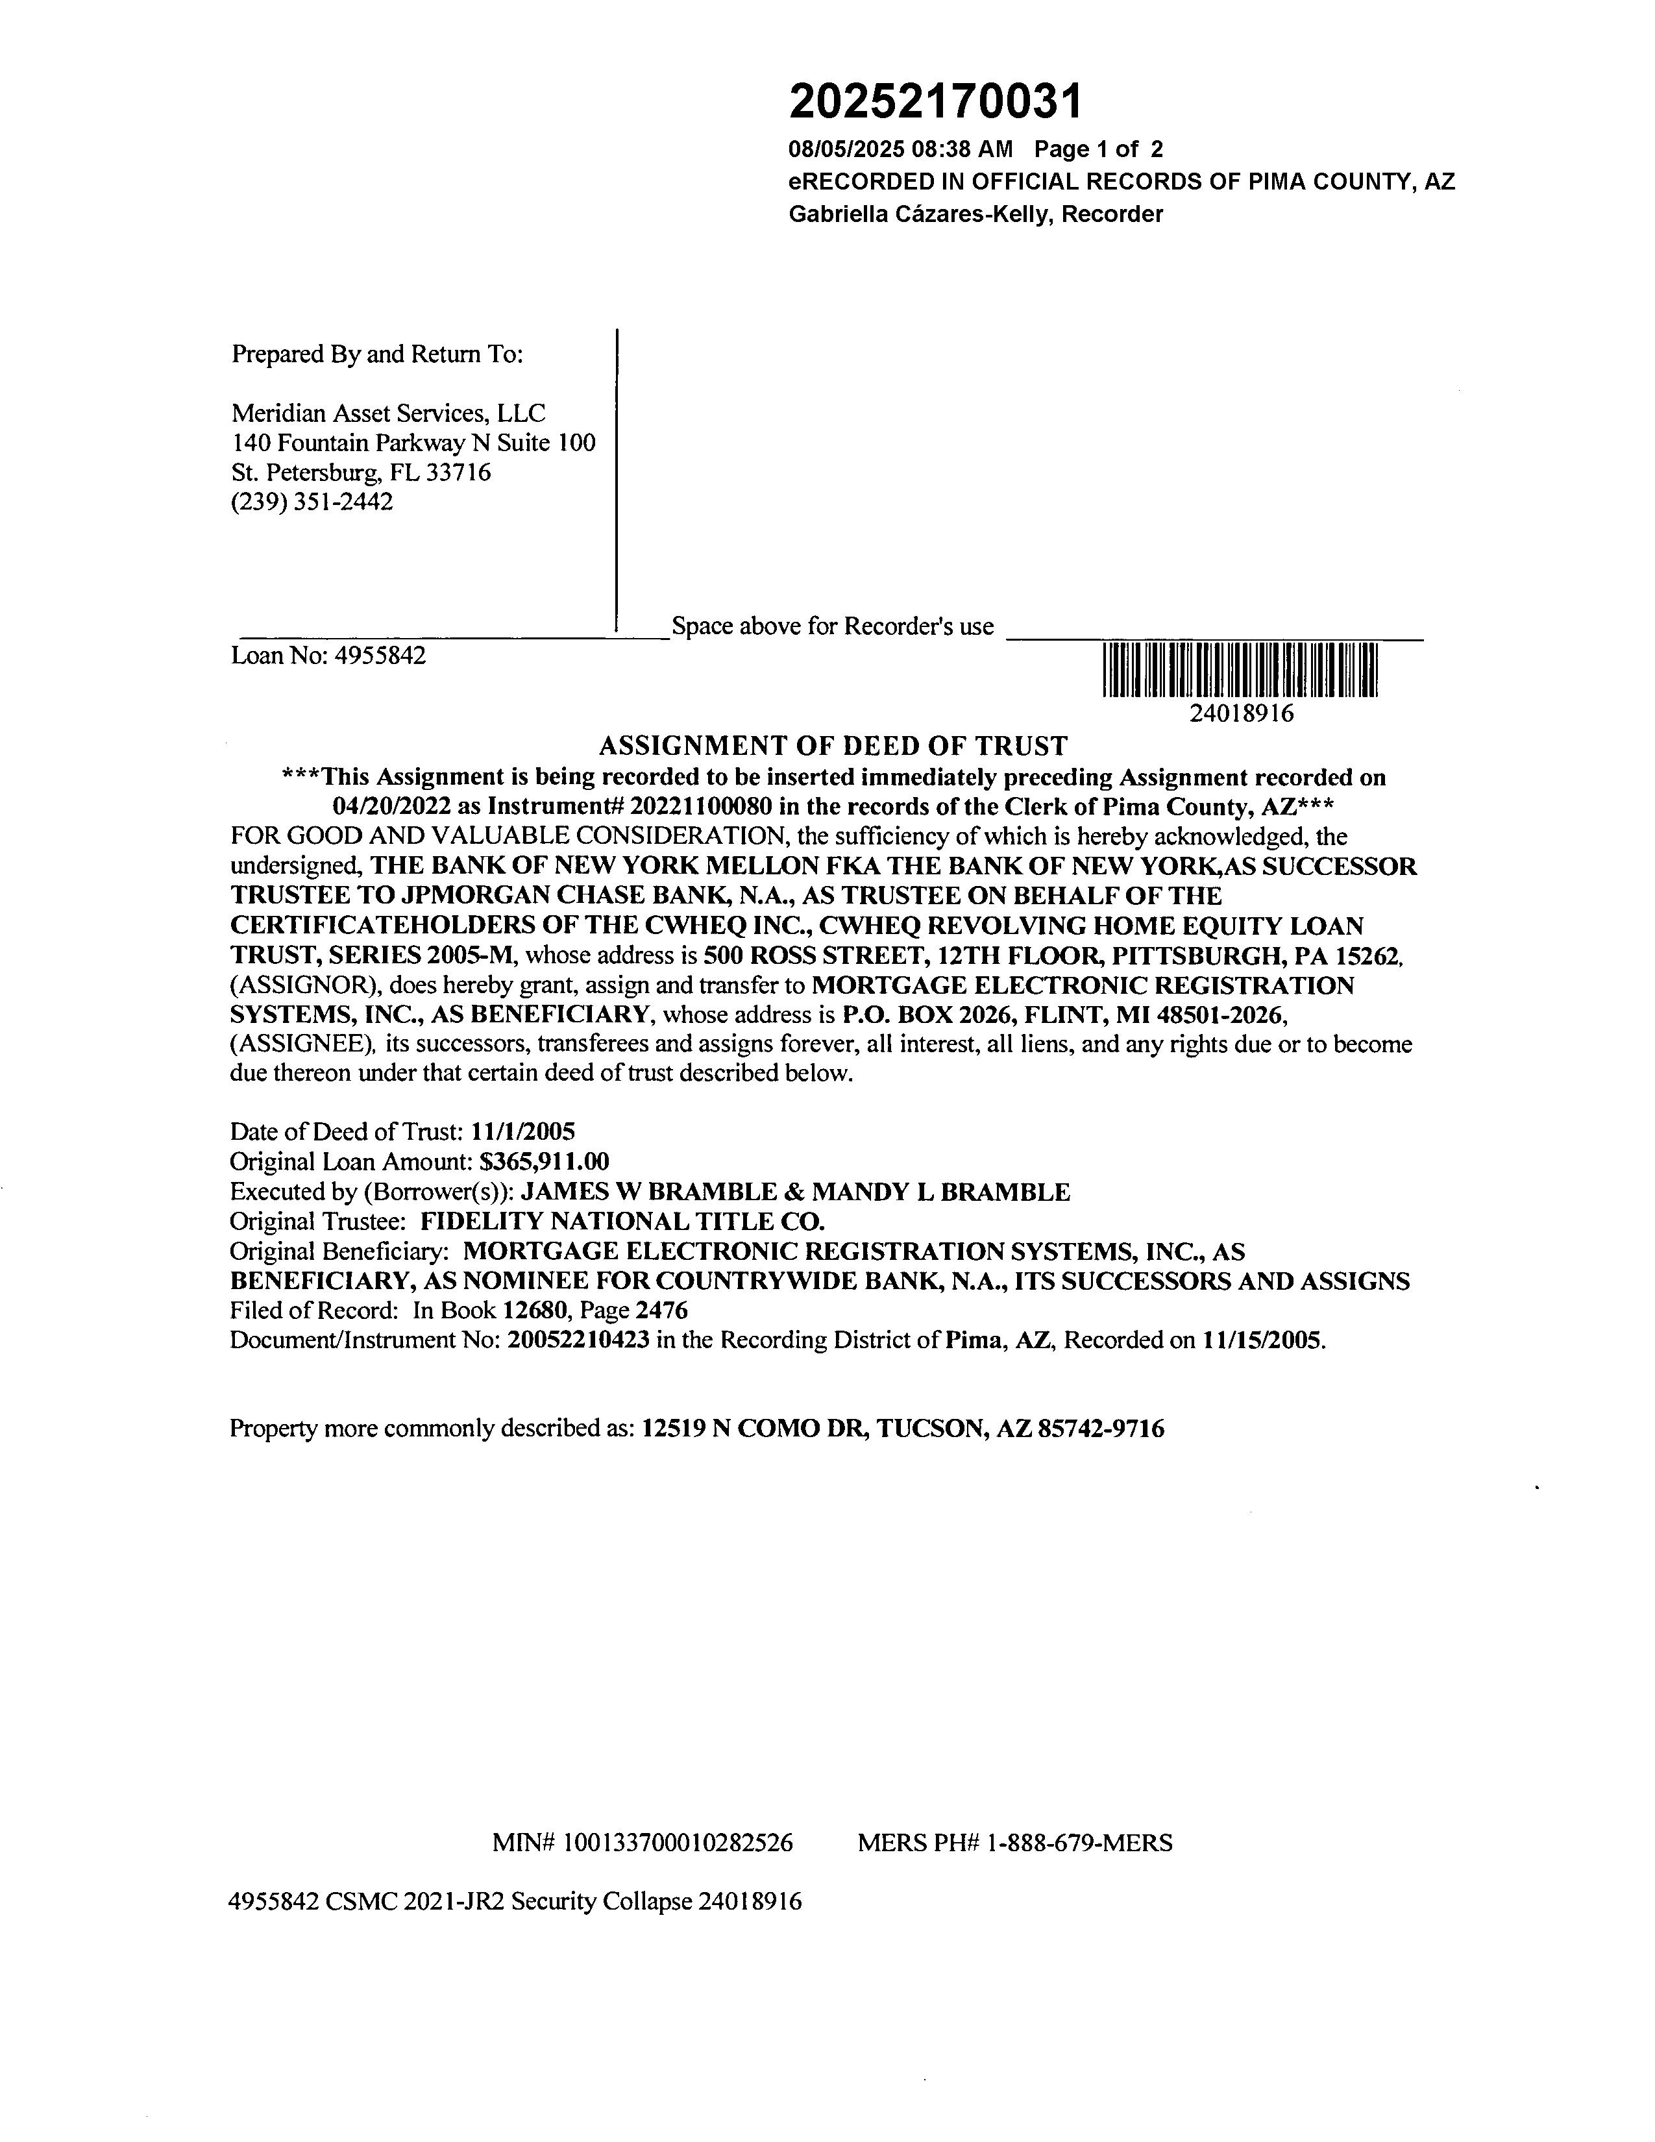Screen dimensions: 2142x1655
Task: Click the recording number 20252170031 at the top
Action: click(937, 101)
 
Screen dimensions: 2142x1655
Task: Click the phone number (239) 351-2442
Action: click(312, 502)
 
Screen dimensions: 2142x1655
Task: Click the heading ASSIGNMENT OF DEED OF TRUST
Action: click(833, 746)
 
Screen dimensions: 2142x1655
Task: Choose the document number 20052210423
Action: click(578, 1340)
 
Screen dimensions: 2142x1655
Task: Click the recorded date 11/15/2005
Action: click(1262, 1340)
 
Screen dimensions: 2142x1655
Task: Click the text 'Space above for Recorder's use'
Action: click(833, 626)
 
